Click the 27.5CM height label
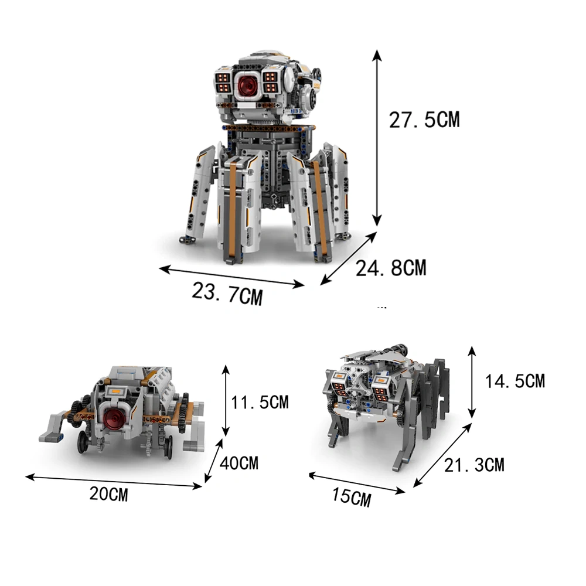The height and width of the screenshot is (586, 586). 424,120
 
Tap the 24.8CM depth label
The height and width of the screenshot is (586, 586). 391,268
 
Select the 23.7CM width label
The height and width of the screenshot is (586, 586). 227,294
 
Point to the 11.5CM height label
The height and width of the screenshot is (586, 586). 260,403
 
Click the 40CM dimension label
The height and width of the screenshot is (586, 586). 239,464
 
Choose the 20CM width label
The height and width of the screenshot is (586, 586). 109,494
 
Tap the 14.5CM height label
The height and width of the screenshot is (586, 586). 515,381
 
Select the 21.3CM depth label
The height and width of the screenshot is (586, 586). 474,465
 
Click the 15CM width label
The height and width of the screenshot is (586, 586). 352,497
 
